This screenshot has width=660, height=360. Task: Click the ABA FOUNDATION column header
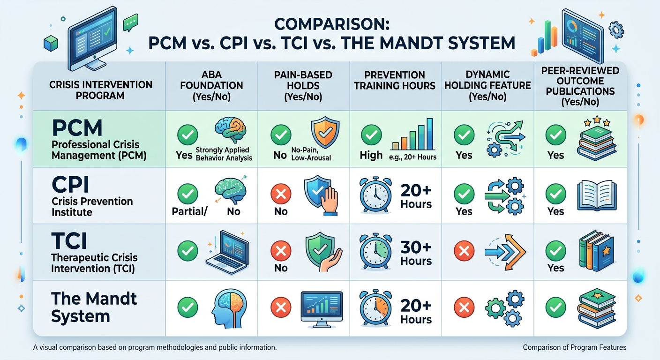(x=212, y=85)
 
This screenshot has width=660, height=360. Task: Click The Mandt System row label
(x=94, y=307)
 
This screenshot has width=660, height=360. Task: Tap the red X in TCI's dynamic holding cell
(x=464, y=252)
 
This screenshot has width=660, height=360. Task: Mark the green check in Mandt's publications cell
(x=555, y=307)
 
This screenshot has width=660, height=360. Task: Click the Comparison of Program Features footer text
(x=574, y=347)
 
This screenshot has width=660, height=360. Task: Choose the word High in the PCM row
(x=371, y=155)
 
